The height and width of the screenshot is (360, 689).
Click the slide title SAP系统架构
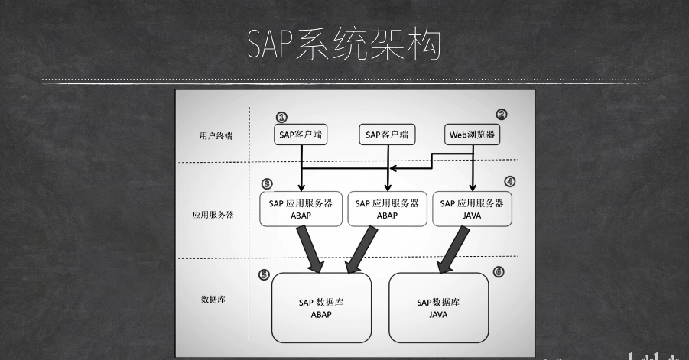tap(344, 44)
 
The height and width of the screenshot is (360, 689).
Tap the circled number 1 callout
tap(281, 117)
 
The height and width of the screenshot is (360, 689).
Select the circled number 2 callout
tap(502, 115)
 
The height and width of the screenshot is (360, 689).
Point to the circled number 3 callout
tap(267, 184)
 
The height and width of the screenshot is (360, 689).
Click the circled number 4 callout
tap(510, 182)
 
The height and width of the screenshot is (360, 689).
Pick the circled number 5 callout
tap(264, 275)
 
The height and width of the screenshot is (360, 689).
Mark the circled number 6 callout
tap(499, 272)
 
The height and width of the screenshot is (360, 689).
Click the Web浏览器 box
tap(472, 135)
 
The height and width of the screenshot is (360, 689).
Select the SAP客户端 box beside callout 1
tap(301, 135)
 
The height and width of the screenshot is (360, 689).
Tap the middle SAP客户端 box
tap(387, 135)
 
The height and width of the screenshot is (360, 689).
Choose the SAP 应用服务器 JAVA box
tap(472, 209)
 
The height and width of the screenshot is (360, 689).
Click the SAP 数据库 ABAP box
tap(321, 308)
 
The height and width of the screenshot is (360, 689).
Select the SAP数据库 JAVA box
tap(438, 308)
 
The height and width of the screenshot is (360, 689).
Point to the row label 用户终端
tap(216, 135)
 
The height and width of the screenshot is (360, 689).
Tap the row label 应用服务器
tap(213, 215)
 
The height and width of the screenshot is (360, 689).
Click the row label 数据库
tap(213, 299)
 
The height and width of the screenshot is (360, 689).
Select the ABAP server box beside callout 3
tap(301, 209)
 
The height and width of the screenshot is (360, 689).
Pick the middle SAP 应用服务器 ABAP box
tap(387, 209)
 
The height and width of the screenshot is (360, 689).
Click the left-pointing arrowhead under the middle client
tap(394, 168)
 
